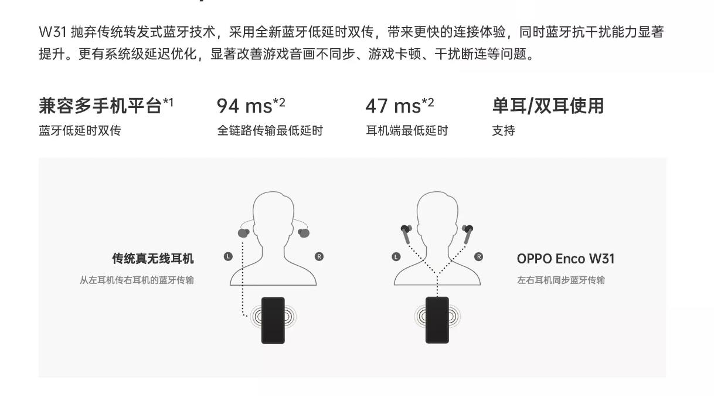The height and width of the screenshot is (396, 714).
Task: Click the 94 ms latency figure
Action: (244, 106)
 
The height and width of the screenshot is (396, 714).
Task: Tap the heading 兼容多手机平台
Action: (100, 106)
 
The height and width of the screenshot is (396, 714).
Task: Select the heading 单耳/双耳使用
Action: (548, 106)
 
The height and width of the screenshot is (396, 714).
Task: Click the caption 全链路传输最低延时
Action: (270, 130)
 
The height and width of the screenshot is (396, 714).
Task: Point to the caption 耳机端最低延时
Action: (407, 130)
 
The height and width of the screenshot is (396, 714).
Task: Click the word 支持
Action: (504, 130)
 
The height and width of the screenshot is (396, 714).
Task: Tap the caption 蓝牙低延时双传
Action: (80, 130)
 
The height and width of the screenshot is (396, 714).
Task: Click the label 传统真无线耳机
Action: (153, 259)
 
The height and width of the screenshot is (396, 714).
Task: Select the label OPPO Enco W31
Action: (566, 259)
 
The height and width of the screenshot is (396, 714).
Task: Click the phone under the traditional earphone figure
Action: (273, 320)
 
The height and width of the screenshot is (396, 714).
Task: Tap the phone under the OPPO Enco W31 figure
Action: (437, 320)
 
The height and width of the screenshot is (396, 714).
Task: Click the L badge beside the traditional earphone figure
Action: (228, 256)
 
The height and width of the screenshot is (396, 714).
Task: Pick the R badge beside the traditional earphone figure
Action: (319, 256)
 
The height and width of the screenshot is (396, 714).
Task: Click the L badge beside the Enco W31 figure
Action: (396, 257)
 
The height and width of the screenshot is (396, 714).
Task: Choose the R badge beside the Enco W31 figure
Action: (478, 257)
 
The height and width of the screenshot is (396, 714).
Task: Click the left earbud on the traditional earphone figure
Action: (243, 233)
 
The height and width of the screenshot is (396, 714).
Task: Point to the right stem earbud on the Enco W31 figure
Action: (468, 234)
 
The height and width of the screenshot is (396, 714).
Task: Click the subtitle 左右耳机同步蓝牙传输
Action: (561, 280)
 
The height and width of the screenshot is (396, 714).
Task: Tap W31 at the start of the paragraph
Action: (53, 32)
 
